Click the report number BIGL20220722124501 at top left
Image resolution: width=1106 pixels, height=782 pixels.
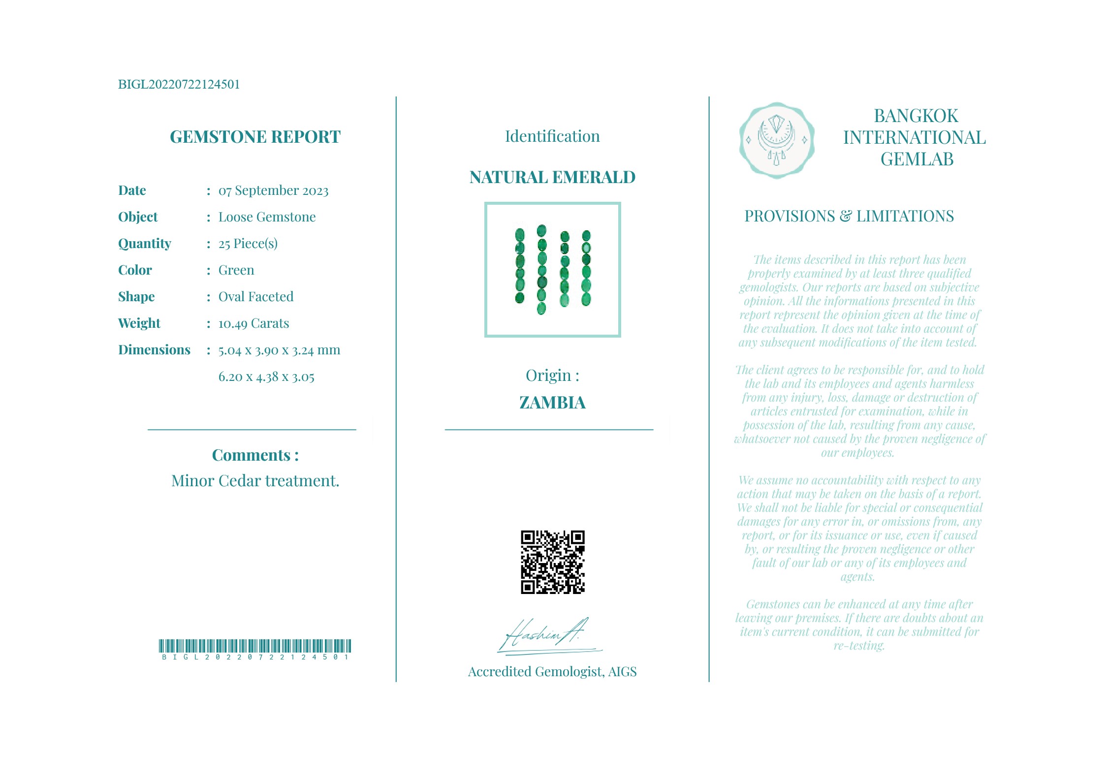pos(179,84)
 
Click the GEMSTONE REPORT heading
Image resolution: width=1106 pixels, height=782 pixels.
pos(255,137)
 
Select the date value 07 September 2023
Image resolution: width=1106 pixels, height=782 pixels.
pos(273,190)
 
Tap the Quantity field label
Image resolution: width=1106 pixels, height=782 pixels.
pos(145,244)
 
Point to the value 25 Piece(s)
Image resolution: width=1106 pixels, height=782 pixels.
pos(248,244)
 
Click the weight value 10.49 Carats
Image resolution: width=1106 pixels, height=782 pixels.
pos(253,323)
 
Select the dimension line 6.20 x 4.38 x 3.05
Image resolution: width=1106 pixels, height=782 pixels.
pos(266,377)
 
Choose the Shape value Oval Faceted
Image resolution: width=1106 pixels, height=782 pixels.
pos(255,297)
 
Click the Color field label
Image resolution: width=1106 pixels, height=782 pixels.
pos(135,270)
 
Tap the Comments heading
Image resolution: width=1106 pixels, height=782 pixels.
pos(255,455)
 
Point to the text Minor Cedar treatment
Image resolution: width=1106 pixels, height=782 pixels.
pos(255,481)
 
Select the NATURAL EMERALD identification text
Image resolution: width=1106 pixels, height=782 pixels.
pos(552,177)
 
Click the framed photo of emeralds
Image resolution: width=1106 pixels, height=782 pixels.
pos(552,270)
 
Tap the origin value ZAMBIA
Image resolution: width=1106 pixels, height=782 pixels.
pos(552,403)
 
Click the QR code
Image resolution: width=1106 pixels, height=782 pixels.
pos(552,562)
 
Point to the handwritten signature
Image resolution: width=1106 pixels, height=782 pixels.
pos(546,636)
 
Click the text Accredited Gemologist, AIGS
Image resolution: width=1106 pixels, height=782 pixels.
pos(552,672)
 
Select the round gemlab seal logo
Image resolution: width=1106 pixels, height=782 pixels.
pos(776,140)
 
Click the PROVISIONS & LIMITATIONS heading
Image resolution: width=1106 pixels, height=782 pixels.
pos(849,216)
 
